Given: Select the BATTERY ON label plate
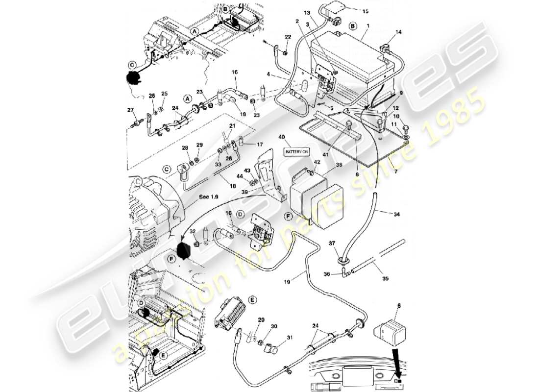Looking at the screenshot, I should click(x=297, y=152).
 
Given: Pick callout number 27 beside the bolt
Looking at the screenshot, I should click(x=130, y=110).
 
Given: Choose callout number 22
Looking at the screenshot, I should click(x=288, y=37).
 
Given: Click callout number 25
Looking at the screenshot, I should click(x=164, y=94).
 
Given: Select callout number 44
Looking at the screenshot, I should click(x=240, y=176).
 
